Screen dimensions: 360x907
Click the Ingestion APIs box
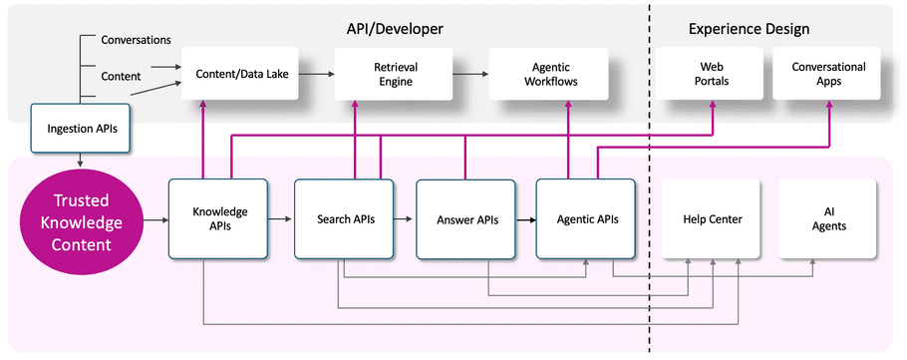[x=79, y=128]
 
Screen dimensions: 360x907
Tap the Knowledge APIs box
[x=218, y=218]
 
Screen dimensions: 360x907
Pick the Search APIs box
[x=345, y=218]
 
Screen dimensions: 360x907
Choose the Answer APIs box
[x=465, y=218]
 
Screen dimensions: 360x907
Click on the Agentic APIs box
[x=586, y=218]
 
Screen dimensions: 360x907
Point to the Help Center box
[x=712, y=218]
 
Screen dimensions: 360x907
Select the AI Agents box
[x=826, y=218]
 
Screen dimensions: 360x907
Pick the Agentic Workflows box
[x=540, y=74]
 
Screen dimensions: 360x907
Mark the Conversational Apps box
[x=828, y=74]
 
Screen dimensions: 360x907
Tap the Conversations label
[x=137, y=40]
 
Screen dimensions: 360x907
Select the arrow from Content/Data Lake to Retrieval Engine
[x=318, y=74]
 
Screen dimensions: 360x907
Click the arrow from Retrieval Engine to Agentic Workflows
[x=459, y=74]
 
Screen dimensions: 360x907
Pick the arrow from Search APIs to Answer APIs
[x=403, y=218]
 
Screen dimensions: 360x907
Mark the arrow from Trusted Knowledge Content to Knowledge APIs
[x=153, y=218]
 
